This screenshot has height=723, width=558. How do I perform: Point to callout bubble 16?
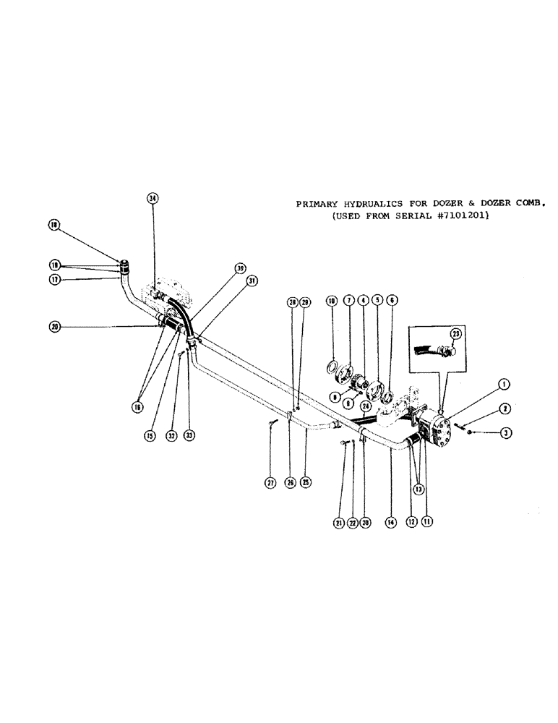click(136, 407)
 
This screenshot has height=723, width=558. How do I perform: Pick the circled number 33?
click(189, 436)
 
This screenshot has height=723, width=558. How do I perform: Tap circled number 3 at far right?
click(507, 432)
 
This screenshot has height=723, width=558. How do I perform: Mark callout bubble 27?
click(270, 483)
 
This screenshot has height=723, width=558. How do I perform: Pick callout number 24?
click(366, 406)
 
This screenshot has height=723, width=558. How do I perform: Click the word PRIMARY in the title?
click(316, 204)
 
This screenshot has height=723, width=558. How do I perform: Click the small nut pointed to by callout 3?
click(471, 432)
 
